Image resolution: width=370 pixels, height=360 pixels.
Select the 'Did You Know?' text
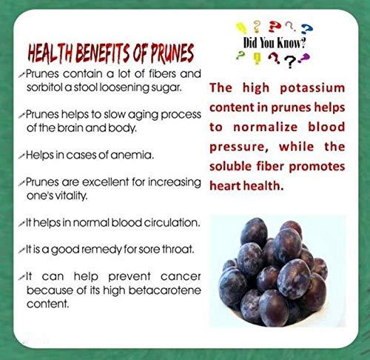click(274, 44)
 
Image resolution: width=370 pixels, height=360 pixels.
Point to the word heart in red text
click(226, 186)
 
